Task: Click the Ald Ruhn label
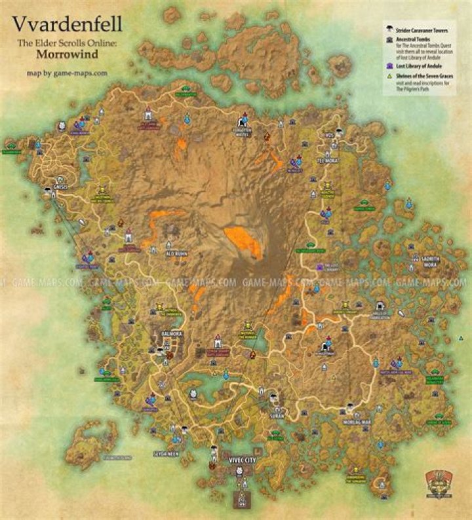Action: coord(178,252)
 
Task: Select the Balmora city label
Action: coord(172,333)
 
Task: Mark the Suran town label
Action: coord(275,415)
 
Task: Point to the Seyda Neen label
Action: coord(185,453)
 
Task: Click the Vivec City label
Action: coord(241,460)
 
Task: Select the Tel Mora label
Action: coord(328,160)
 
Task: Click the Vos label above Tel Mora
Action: coord(329,136)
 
